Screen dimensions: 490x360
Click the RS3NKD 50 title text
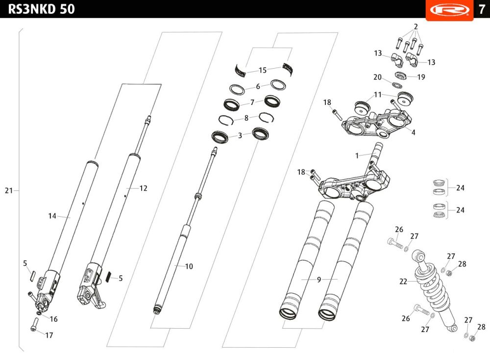click(x=42, y=9)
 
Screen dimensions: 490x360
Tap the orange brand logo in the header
click(x=450, y=10)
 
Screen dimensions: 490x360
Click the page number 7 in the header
click(x=482, y=9)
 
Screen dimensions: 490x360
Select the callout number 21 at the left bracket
click(x=9, y=190)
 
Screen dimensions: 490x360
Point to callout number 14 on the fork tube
click(x=52, y=216)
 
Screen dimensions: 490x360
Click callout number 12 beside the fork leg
click(x=143, y=188)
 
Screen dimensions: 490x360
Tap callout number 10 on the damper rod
click(x=189, y=266)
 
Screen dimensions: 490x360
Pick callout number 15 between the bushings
click(x=263, y=70)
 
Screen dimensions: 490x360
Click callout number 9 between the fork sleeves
click(x=319, y=279)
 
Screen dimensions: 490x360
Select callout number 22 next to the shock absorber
click(x=403, y=282)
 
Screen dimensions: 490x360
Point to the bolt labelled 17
click(x=35, y=325)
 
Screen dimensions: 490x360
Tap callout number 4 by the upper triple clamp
click(x=413, y=132)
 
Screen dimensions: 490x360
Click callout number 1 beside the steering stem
click(x=357, y=155)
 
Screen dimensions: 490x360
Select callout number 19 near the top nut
click(x=421, y=77)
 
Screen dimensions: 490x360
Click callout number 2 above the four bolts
click(x=416, y=26)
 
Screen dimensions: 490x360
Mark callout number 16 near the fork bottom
click(x=53, y=319)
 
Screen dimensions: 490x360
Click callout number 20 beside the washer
click(x=377, y=77)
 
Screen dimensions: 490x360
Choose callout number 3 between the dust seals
click(x=240, y=135)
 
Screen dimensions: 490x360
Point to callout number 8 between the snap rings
click(x=246, y=118)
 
